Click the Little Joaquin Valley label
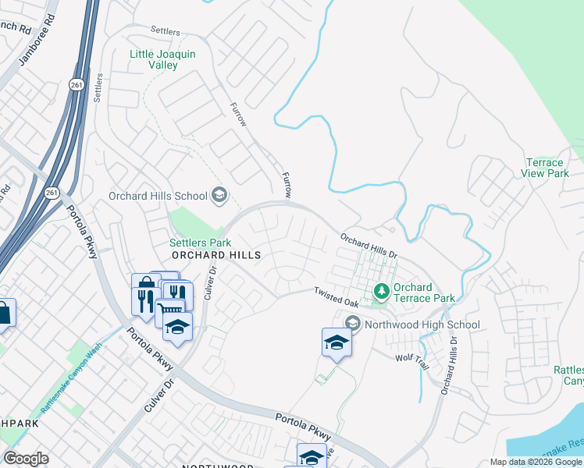164,59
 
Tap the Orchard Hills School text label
158,196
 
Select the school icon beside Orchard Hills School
219,195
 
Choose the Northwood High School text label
422,324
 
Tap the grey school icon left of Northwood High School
352,323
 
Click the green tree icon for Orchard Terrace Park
381,292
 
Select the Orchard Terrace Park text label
424,292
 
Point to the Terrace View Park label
546,168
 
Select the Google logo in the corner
26,459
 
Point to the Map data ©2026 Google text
536,462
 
